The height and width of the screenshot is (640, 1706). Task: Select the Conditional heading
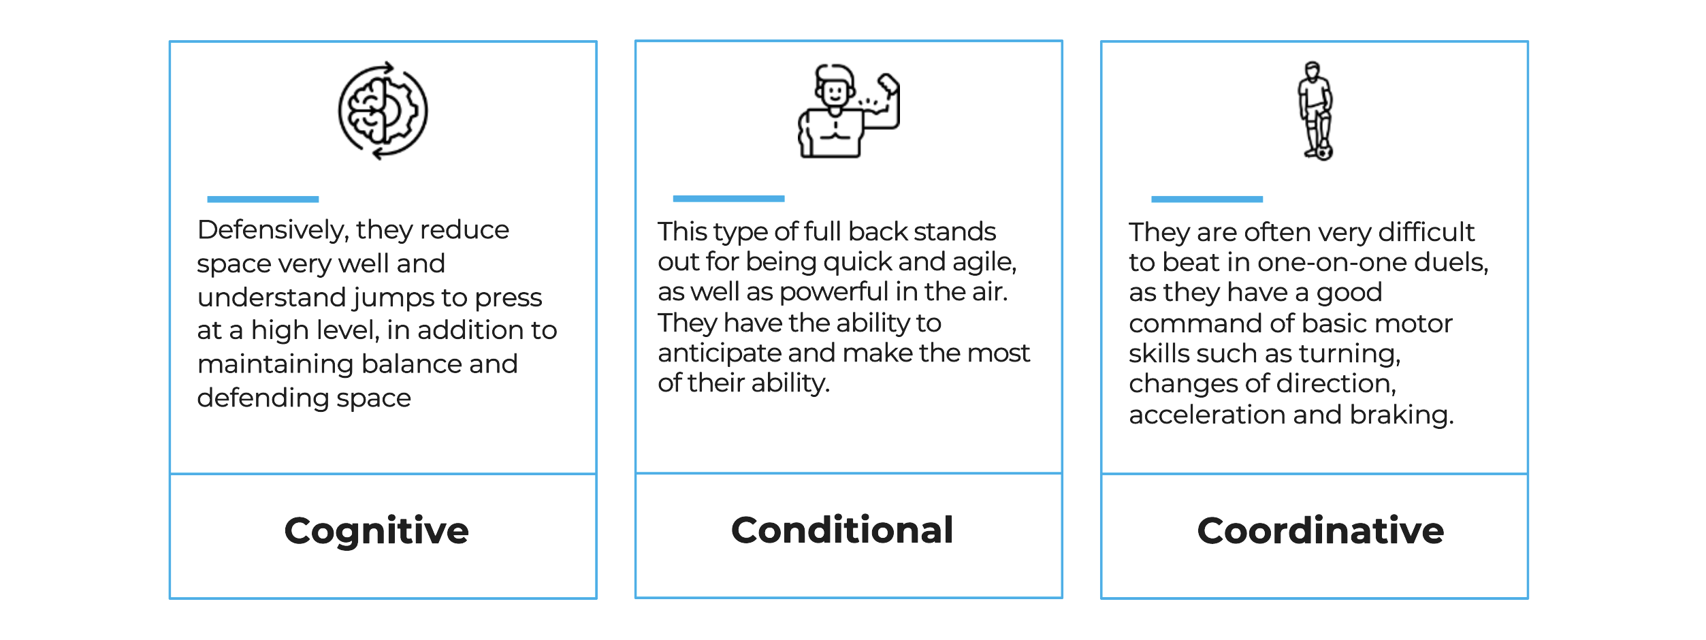pos(842,530)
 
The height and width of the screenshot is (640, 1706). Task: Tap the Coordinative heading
pos(1321,530)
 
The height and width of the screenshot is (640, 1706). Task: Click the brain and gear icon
pos(383,111)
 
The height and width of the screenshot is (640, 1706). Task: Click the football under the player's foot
pos(1323,151)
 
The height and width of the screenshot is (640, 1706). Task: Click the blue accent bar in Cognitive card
pos(263,199)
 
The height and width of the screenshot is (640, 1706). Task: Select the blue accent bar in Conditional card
pos(728,199)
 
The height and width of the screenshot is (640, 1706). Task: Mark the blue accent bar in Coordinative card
pos(1207,199)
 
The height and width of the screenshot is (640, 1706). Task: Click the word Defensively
pos(273,231)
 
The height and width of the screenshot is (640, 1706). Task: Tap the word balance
pos(413,364)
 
